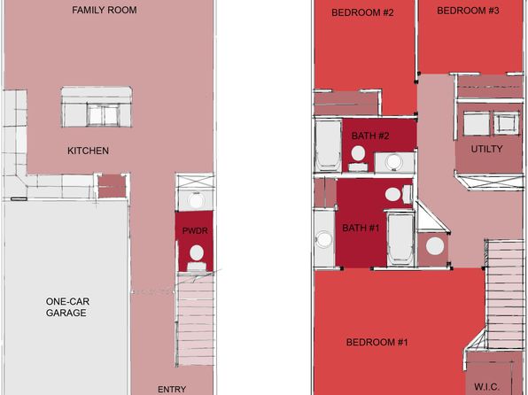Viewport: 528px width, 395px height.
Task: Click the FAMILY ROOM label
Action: [105, 10]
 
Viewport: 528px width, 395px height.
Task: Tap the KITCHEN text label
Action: [89, 151]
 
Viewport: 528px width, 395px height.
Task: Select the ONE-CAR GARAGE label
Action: [66, 307]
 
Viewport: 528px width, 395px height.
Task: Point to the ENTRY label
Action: [172, 390]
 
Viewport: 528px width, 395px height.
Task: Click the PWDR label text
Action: [195, 230]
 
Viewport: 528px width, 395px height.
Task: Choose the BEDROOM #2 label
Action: [362, 12]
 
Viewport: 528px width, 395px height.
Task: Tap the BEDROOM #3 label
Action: [468, 11]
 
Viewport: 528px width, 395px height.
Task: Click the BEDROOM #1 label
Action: [377, 343]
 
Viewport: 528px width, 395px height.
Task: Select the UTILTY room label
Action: [486, 149]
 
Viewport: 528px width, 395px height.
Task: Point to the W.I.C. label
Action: [486, 386]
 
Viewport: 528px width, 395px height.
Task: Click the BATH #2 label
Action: [370, 136]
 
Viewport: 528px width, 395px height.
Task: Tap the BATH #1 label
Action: [361, 228]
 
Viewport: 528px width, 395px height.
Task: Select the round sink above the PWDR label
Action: [196, 201]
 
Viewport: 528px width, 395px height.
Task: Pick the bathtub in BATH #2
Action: [329, 146]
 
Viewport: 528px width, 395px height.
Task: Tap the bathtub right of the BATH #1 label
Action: [400, 238]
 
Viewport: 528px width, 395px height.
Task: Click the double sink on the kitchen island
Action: [103, 115]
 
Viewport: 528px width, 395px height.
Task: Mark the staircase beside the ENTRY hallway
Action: [196, 319]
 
